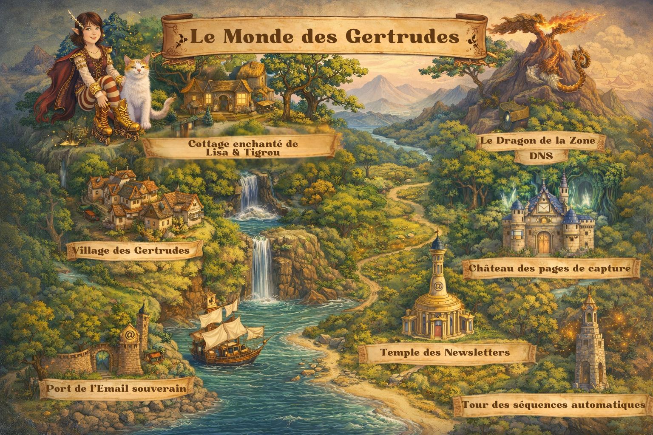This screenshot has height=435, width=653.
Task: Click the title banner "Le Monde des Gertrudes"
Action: [x=324, y=37]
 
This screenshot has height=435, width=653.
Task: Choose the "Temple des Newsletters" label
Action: [x=445, y=353]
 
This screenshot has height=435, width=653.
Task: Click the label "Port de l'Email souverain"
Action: [x=116, y=388]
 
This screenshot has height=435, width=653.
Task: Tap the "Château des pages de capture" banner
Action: [x=549, y=268]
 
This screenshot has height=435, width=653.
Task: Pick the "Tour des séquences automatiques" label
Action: [x=554, y=404]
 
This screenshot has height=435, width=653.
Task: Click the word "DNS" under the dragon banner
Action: [x=541, y=156]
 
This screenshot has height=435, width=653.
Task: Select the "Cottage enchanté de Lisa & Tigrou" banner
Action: [x=243, y=147]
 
